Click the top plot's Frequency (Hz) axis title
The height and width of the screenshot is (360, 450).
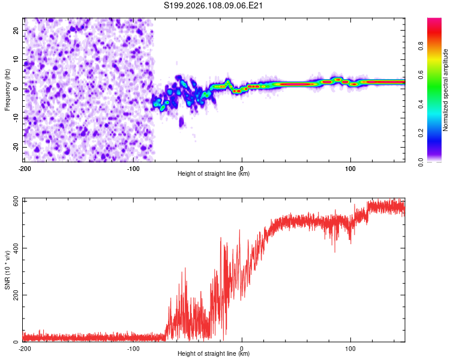pos(7,89)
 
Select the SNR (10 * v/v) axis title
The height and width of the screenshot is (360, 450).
pos(7,269)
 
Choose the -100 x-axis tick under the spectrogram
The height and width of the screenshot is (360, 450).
pos(133,168)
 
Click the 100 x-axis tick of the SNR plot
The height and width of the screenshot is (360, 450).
pos(351,348)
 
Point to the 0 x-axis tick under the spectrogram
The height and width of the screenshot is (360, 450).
pos(242,168)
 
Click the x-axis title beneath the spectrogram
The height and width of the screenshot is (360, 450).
pos(214,174)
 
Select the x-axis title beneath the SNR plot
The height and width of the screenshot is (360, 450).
pos(214,354)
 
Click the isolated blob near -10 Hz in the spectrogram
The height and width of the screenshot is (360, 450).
pos(182,122)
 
